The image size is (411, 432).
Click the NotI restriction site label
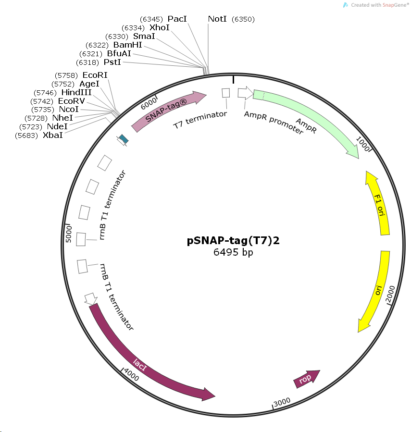(x=217, y=19)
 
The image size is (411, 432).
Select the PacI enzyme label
(x=177, y=19)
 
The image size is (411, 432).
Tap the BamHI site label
(x=128, y=45)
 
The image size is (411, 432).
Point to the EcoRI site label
(x=95, y=75)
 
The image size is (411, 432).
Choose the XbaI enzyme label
(x=53, y=135)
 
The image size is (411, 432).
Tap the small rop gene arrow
(x=306, y=379)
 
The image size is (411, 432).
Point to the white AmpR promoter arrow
(x=245, y=93)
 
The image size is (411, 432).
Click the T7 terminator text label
(x=200, y=120)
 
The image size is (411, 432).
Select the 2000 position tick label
(x=390, y=294)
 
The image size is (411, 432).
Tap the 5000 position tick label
(x=68, y=234)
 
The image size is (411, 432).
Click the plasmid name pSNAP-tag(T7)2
(x=233, y=241)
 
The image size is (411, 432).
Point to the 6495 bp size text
(x=233, y=252)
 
